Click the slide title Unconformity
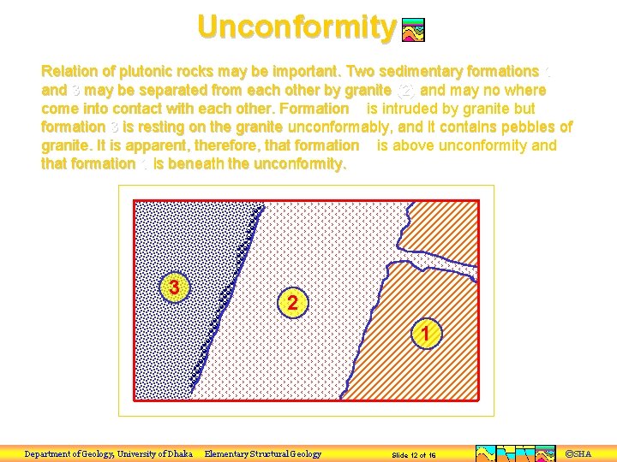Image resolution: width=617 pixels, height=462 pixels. click(296, 27)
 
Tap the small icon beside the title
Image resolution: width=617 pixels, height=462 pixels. click(413, 31)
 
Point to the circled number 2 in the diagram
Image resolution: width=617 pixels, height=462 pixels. click(293, 303)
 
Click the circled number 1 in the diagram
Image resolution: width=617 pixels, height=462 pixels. click(426, 334)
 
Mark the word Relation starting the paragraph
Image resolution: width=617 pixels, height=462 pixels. click(69, 71)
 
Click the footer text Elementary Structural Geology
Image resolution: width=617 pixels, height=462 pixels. click(263, 453)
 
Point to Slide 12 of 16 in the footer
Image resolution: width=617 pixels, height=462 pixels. click(413, 455)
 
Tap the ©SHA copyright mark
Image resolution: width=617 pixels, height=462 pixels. click(579, 453)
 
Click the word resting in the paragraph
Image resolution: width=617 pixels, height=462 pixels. click(147, 127)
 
